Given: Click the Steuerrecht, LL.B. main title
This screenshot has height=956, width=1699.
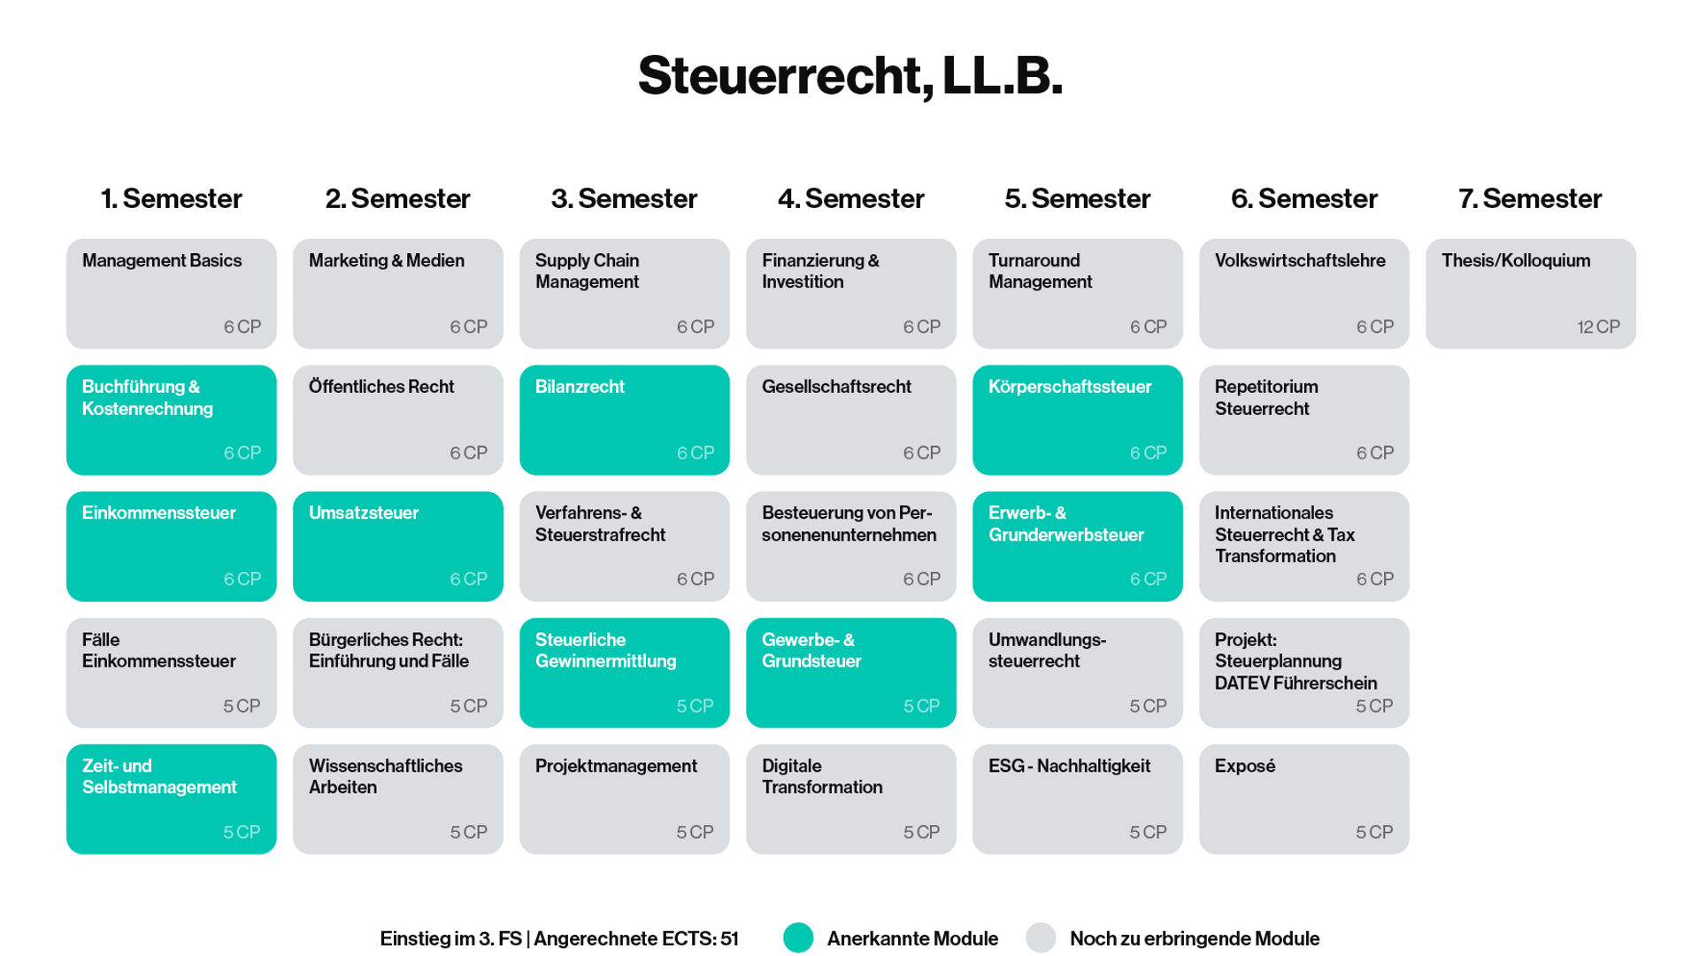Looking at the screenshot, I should point(849,76).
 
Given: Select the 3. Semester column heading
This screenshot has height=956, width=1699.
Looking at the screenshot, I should point(624,198).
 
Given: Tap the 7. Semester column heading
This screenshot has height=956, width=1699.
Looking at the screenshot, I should point(1530,198).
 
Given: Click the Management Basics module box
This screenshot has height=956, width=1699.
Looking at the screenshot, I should point(171,293).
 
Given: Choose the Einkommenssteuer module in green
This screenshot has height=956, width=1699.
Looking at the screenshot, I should point(171,546).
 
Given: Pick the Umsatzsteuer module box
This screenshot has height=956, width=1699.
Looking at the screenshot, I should point(397,546).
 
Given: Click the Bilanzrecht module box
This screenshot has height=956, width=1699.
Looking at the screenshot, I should point(624,420).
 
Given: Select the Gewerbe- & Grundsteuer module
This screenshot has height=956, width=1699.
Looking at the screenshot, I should point(850,673).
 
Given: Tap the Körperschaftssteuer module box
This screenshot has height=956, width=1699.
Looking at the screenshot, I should point(1077,420).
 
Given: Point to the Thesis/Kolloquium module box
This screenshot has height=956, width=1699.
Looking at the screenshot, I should point(1530,293).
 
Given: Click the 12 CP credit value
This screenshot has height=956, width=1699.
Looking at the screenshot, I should point(1598,327).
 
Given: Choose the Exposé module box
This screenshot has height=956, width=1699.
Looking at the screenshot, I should point(1303,798).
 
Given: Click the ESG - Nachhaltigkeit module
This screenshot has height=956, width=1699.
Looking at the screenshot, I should point(1077,798).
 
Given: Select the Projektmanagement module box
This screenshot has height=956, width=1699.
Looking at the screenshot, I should point(624,798).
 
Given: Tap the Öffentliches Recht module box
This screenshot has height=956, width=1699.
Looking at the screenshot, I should point(397,420).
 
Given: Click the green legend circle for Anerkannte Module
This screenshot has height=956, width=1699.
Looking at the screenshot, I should point(798,938).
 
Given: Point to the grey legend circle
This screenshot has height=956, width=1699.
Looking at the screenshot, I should point(1041,938).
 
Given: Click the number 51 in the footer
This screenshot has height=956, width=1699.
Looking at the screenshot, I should point(729,938).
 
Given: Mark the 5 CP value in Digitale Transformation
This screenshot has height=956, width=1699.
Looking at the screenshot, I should point(921,832).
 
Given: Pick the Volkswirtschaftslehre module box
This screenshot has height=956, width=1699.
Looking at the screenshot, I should point(1303,293).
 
